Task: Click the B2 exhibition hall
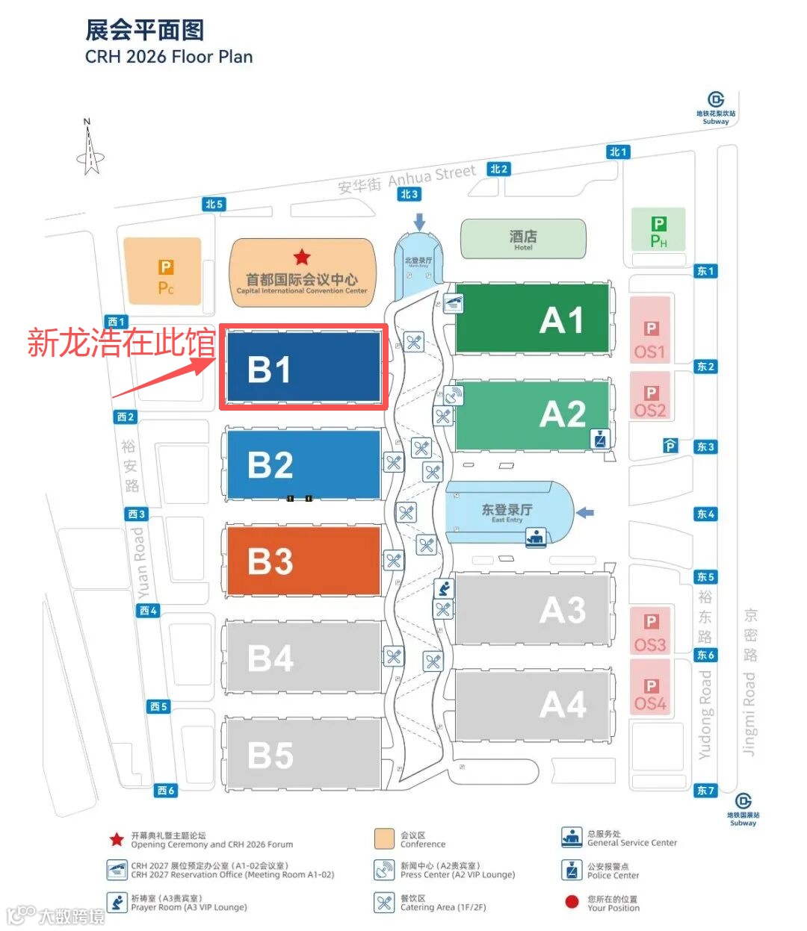pos(303,464)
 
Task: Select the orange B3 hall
pos(303,561)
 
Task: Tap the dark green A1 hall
pos(532,319)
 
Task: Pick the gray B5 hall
pos(303,754)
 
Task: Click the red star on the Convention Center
pos(302,258)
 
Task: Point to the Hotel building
pos(523,239)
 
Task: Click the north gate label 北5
pos(214,204)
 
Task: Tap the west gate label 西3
pos(136,514)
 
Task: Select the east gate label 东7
pos(705,790)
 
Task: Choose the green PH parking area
pos(658,232)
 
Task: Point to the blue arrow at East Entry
pos(585,513)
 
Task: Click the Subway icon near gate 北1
pos(716,100)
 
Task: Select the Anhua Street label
pos(407,178)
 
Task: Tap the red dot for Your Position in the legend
pos(572,902)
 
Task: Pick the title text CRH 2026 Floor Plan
pos(169,57)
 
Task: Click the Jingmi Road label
pos(750,713)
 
